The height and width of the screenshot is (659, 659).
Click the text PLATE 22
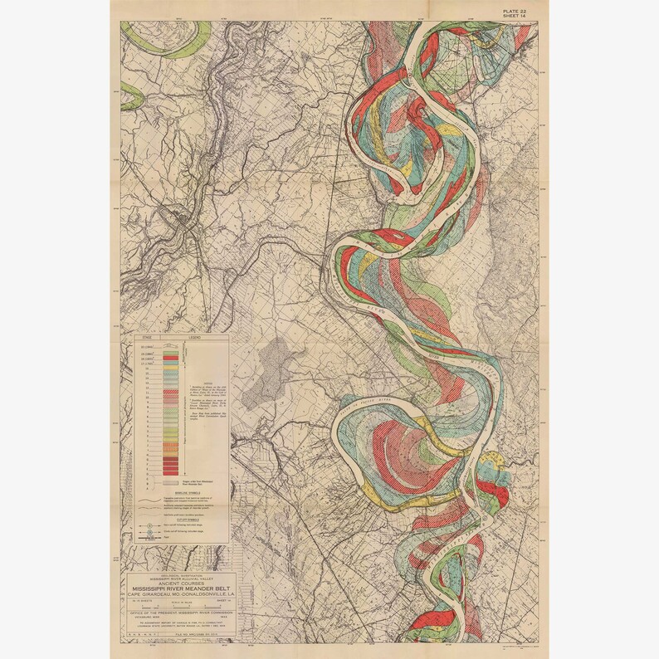pyautogui.click(x=513, y=8)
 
